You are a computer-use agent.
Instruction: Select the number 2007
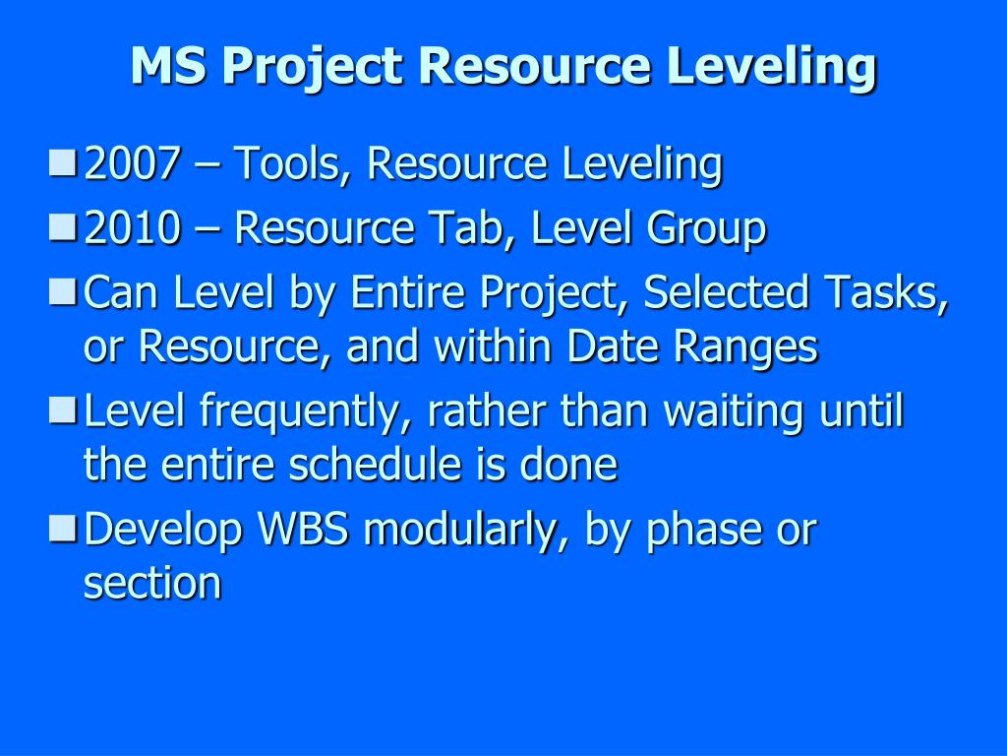(x=132, y=164)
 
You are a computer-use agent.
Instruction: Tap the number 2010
(x=132, y=229)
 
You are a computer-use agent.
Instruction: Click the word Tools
(x=293, y=164)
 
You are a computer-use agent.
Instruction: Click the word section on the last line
(x=152, y=583)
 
